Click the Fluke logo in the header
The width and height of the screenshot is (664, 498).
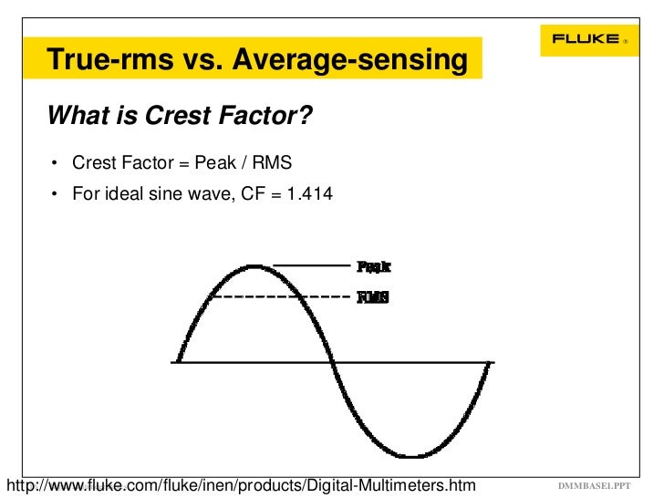584,39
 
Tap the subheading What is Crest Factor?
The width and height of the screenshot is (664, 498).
179,117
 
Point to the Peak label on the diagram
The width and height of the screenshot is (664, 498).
373,266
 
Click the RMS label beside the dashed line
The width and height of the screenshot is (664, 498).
372,296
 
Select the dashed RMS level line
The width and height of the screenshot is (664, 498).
278,296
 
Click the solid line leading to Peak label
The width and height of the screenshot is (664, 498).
311,265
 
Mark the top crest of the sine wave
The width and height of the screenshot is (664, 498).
253,265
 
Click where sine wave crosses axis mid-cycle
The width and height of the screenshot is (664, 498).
333,362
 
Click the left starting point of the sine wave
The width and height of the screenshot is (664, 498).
177,362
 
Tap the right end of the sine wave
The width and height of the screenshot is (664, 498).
491,362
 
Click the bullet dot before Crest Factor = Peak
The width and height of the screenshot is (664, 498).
56,164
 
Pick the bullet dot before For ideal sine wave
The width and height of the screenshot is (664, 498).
56,193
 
